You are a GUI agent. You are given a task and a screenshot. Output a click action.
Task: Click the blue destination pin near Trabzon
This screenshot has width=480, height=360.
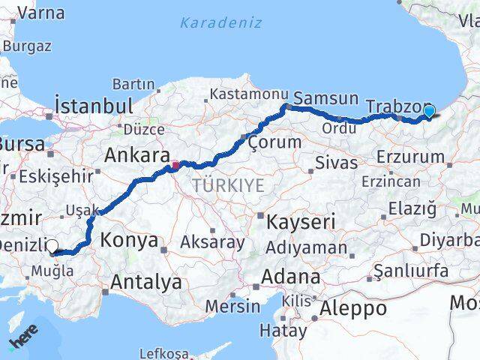(x=428, y=112)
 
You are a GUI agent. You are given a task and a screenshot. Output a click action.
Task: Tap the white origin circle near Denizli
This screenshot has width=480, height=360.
(x=52, y=245)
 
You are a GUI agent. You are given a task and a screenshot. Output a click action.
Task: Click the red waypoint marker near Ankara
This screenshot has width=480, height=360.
(x=175, y=165)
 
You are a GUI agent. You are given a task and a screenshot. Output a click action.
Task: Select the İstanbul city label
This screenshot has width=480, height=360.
(x=94, y=105)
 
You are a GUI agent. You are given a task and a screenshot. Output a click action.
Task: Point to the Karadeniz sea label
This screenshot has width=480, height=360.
(x=220, y=22)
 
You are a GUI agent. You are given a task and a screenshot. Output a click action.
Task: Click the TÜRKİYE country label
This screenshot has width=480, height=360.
(x=228, y=185)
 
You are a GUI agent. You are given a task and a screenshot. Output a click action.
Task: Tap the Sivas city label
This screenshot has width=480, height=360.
(x=331, y=163)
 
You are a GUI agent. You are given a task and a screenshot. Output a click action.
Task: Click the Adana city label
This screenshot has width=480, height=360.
(x=290, y=277)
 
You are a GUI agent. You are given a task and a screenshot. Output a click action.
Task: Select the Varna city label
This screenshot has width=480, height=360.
(x=40, y=13)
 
